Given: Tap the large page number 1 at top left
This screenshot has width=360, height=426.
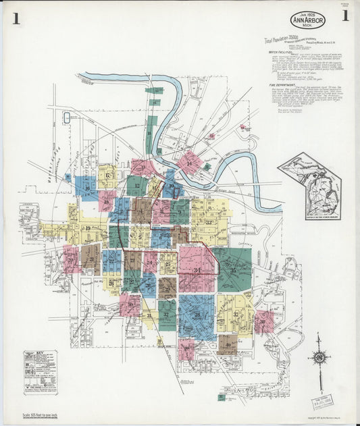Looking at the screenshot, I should point(15,18).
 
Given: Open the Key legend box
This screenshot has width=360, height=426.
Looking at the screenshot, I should point(41,371).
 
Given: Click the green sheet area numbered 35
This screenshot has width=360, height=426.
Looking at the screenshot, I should point(233,269).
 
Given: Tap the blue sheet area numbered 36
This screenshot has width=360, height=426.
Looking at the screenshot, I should point(197,315).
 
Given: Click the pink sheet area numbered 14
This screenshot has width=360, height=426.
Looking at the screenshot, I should point(190,162).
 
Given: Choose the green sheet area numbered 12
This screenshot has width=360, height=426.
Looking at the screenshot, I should point(137,185).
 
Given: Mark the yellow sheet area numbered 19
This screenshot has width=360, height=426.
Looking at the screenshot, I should point(88,228).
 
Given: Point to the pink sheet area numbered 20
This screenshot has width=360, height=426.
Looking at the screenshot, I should point(70,258).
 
